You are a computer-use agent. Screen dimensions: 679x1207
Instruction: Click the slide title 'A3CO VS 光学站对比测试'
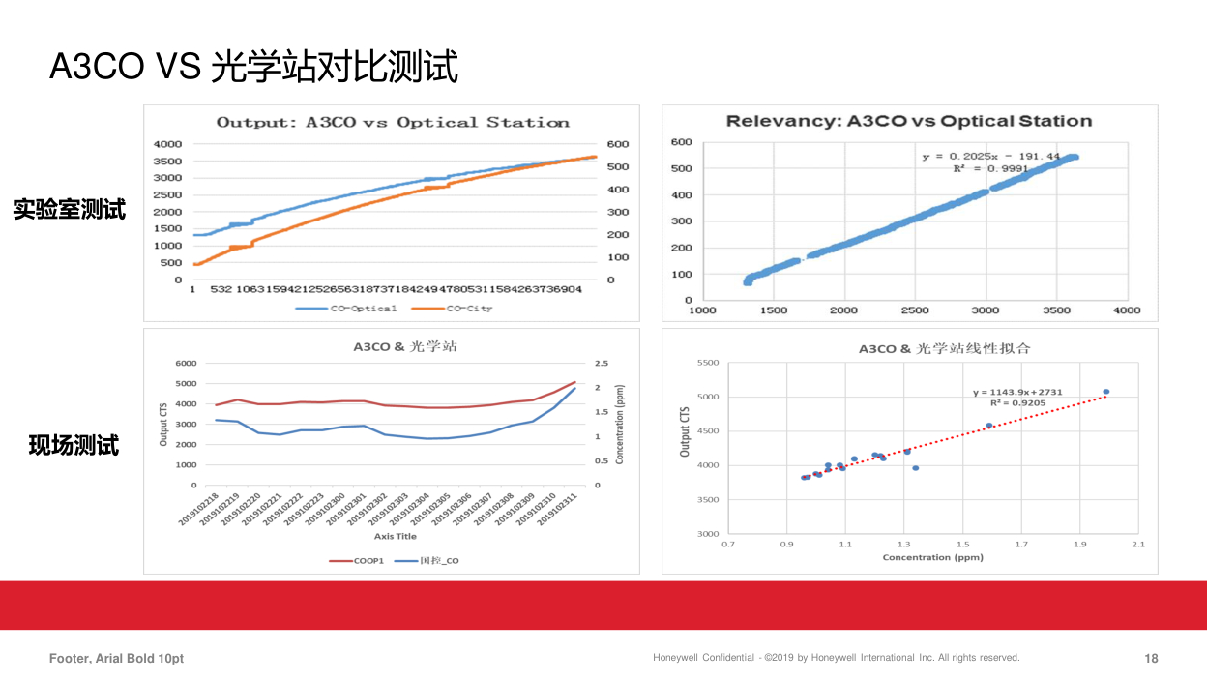(253, 67)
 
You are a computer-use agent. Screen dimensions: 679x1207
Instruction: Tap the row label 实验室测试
(70, 209)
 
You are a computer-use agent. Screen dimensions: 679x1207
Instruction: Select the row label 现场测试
(74, 446)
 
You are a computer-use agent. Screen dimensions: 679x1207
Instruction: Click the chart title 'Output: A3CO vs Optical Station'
(393, 123)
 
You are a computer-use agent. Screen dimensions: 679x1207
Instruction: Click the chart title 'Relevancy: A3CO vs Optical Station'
(909, 121)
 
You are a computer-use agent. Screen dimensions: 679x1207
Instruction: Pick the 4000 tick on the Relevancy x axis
(1126, 310)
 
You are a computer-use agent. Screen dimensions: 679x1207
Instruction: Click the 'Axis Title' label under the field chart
(396, 536)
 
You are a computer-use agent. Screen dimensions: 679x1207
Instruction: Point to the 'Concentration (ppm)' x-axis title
(932, 557)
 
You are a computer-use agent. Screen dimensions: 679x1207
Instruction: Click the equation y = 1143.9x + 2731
(1017, 392)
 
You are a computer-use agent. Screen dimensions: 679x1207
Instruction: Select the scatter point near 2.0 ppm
(1106, 392)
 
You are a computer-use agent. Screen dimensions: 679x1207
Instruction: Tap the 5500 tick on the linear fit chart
(707, 363)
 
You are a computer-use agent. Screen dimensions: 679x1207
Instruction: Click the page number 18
(1151, 659)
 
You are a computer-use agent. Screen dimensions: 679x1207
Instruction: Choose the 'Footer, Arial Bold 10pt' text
(117, 659)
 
